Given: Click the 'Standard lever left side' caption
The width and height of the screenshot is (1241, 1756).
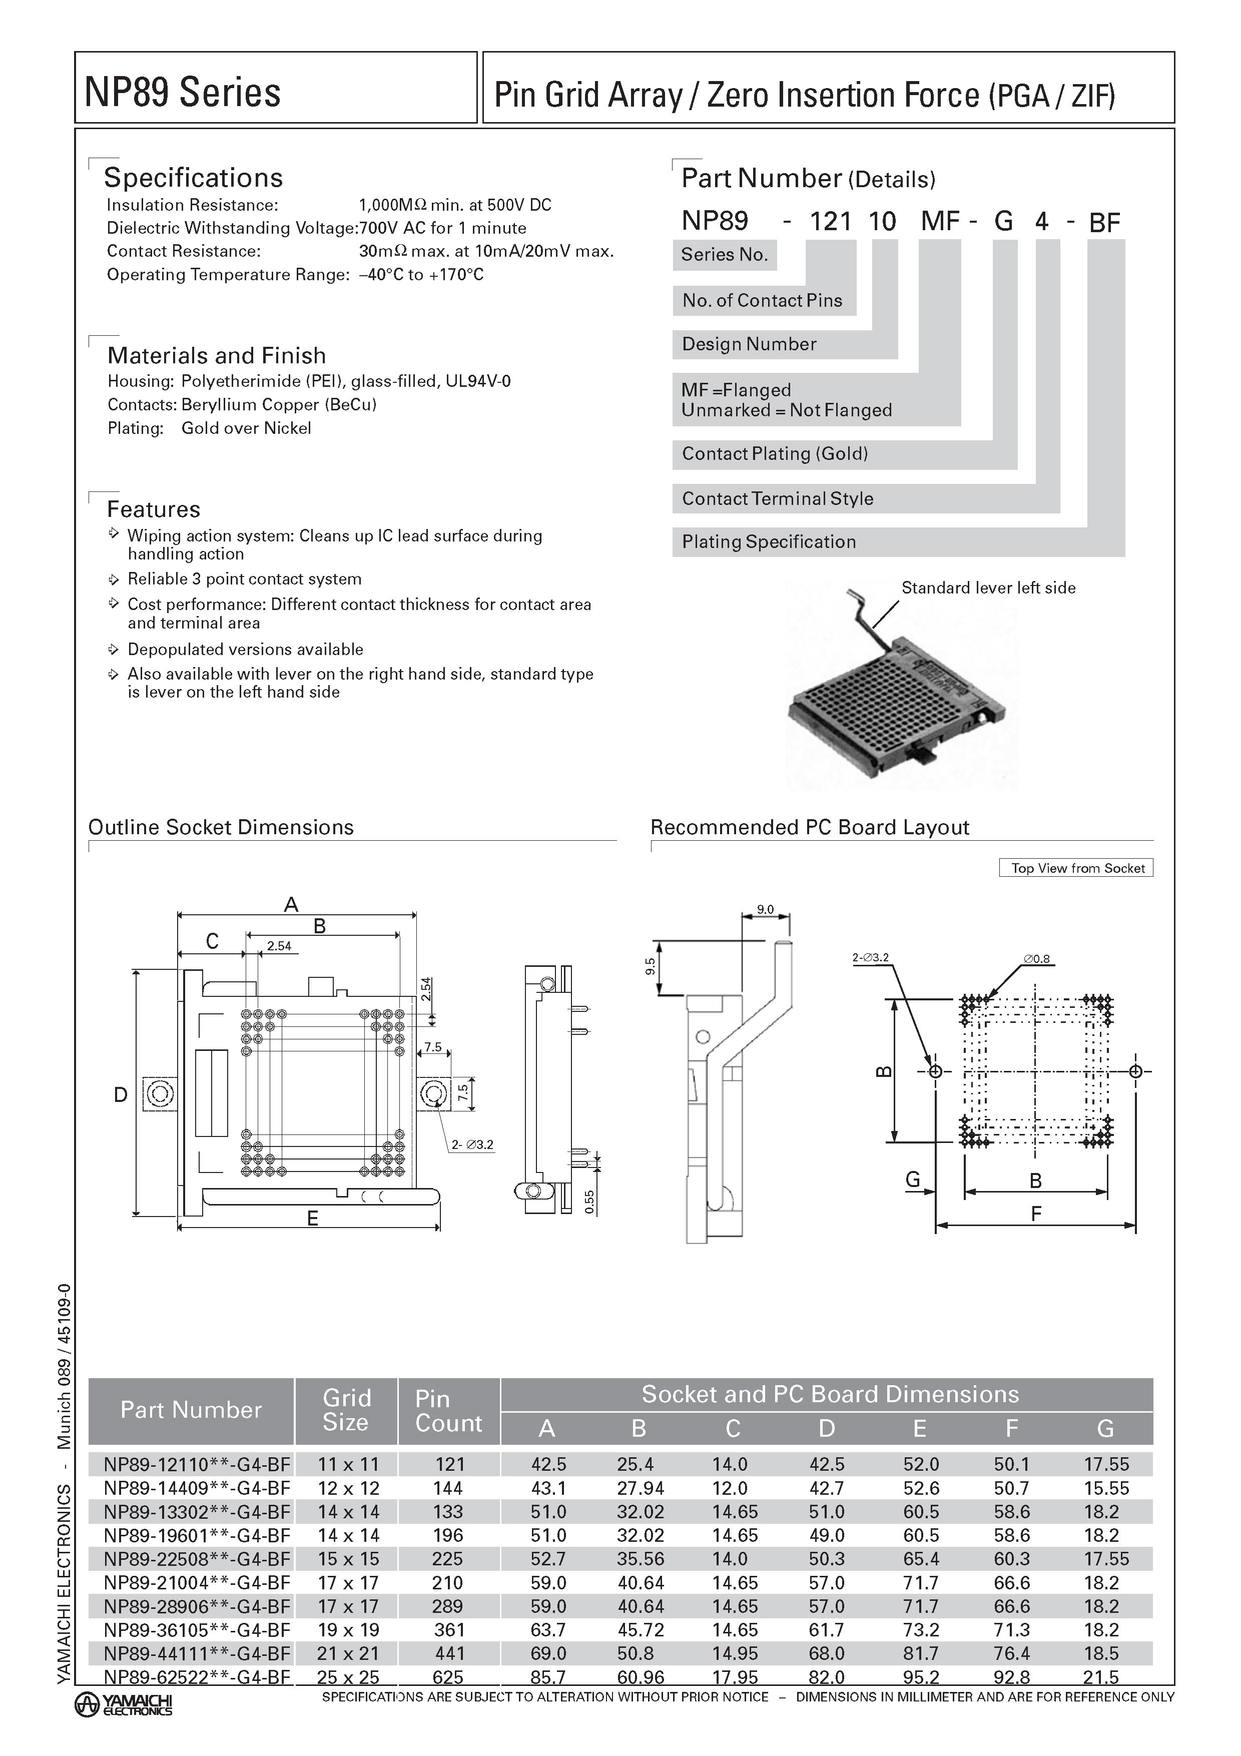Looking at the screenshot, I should click(x=988, y=588).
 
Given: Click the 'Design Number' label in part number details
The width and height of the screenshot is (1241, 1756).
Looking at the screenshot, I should click(x=749, y=344).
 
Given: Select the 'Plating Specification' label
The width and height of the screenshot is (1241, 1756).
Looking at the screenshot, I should click(x=769, y=541).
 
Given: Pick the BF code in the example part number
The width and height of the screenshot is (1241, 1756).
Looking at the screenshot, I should click(x=1104, y=223).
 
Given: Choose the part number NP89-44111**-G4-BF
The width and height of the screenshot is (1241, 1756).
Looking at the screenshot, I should click(x=197, y=1653).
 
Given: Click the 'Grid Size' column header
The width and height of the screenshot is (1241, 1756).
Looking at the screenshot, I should click(x=346, y=1410).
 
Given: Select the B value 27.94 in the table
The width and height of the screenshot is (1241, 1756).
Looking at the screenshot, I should click(x=640, y=1488).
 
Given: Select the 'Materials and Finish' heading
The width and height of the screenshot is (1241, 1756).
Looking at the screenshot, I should click(x=216, y=356).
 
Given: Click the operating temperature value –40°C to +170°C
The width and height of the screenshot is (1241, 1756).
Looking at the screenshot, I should click(x=421, y=275).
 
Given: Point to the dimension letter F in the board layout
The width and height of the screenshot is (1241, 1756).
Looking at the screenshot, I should click(x=1035, y=1214).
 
